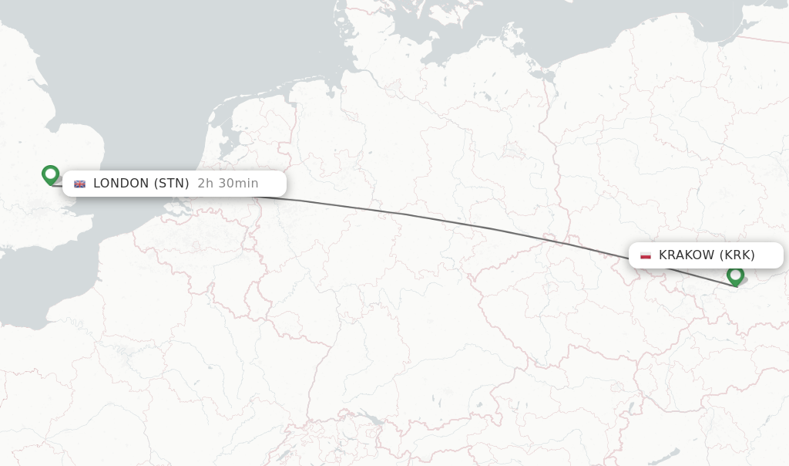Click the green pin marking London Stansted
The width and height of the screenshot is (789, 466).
coord(51,174)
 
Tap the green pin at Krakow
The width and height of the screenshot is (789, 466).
coord(735,275)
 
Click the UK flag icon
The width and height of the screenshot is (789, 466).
coord(80,184)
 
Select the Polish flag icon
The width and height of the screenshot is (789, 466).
coord(646,255)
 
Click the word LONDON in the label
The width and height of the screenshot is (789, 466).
coord(121,184)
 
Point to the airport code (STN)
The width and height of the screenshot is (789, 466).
coord(171,184)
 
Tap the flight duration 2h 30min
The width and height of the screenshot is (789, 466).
coord(228,184)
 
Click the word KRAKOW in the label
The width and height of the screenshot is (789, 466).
coord(686,255)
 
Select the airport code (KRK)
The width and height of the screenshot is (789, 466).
coord(737,255)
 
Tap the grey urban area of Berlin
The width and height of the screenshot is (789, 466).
coord(512,150)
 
